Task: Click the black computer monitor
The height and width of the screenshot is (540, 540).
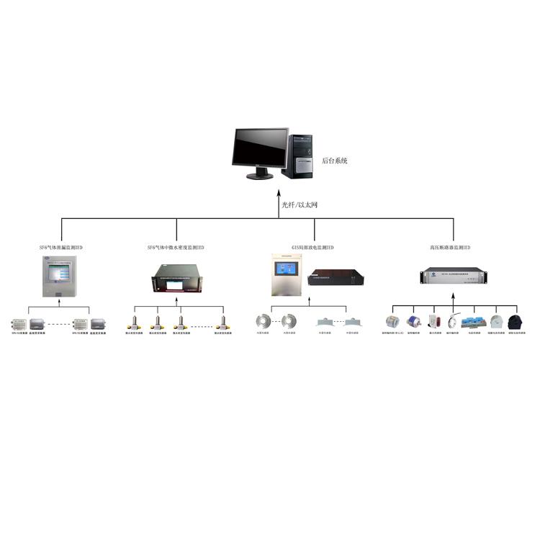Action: (x=259, y=152)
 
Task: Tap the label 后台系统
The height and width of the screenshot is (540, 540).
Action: (x=335, y=161)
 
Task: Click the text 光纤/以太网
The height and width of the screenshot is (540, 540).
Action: (x=299, y=205)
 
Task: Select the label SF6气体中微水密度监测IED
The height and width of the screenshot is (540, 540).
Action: (x=175, y=247)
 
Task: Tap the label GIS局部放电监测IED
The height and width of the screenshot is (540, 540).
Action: (x=312, y=247)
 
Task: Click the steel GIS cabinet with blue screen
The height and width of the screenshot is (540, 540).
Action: (x=287, y=275)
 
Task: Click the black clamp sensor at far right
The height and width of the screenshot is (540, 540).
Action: (x=515, y=322)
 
